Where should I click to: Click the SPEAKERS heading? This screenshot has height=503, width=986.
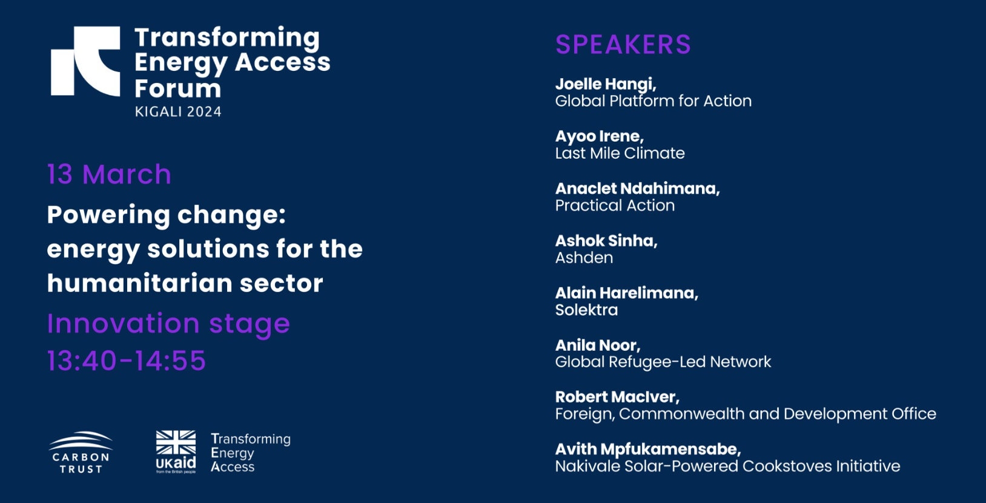click(x=623, y=44)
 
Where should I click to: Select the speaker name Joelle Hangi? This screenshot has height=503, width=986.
click(x=606, y=84)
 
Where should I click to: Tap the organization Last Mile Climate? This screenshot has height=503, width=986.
click(x=620, y=153)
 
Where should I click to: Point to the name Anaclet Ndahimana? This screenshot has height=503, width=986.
click(x=637, y=188)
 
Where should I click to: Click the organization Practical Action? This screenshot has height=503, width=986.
click(x=615, y=205)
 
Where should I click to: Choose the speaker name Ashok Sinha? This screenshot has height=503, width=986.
click(x=606, y=241)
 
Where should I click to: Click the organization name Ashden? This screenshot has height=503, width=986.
click(x=584, y=258)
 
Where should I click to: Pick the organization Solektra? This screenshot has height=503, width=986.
click(x=587, y=310)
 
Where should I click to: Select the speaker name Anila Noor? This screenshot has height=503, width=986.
click(x=598, y=345)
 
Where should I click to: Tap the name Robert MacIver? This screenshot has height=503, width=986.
click(x=617, y=398)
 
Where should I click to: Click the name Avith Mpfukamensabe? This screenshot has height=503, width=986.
click(x=648, y=450)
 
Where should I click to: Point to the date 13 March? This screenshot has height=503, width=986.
click(x=109, y=175)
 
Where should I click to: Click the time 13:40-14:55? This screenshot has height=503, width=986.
click(x=127, y=361)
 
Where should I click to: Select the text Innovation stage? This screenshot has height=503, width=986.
click(x=168, y=324)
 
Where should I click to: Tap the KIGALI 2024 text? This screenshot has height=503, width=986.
click(x=178, y=112)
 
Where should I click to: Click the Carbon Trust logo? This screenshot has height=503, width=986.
click(x=81, y=452)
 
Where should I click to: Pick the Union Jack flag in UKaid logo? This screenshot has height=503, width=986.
click(x=176, y=442)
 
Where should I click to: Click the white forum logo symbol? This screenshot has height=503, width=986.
click(x=85, y=61)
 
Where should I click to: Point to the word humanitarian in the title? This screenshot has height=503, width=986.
click(x=139, y=283)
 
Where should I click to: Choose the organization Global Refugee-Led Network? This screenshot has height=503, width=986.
click(x=663, y=362)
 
